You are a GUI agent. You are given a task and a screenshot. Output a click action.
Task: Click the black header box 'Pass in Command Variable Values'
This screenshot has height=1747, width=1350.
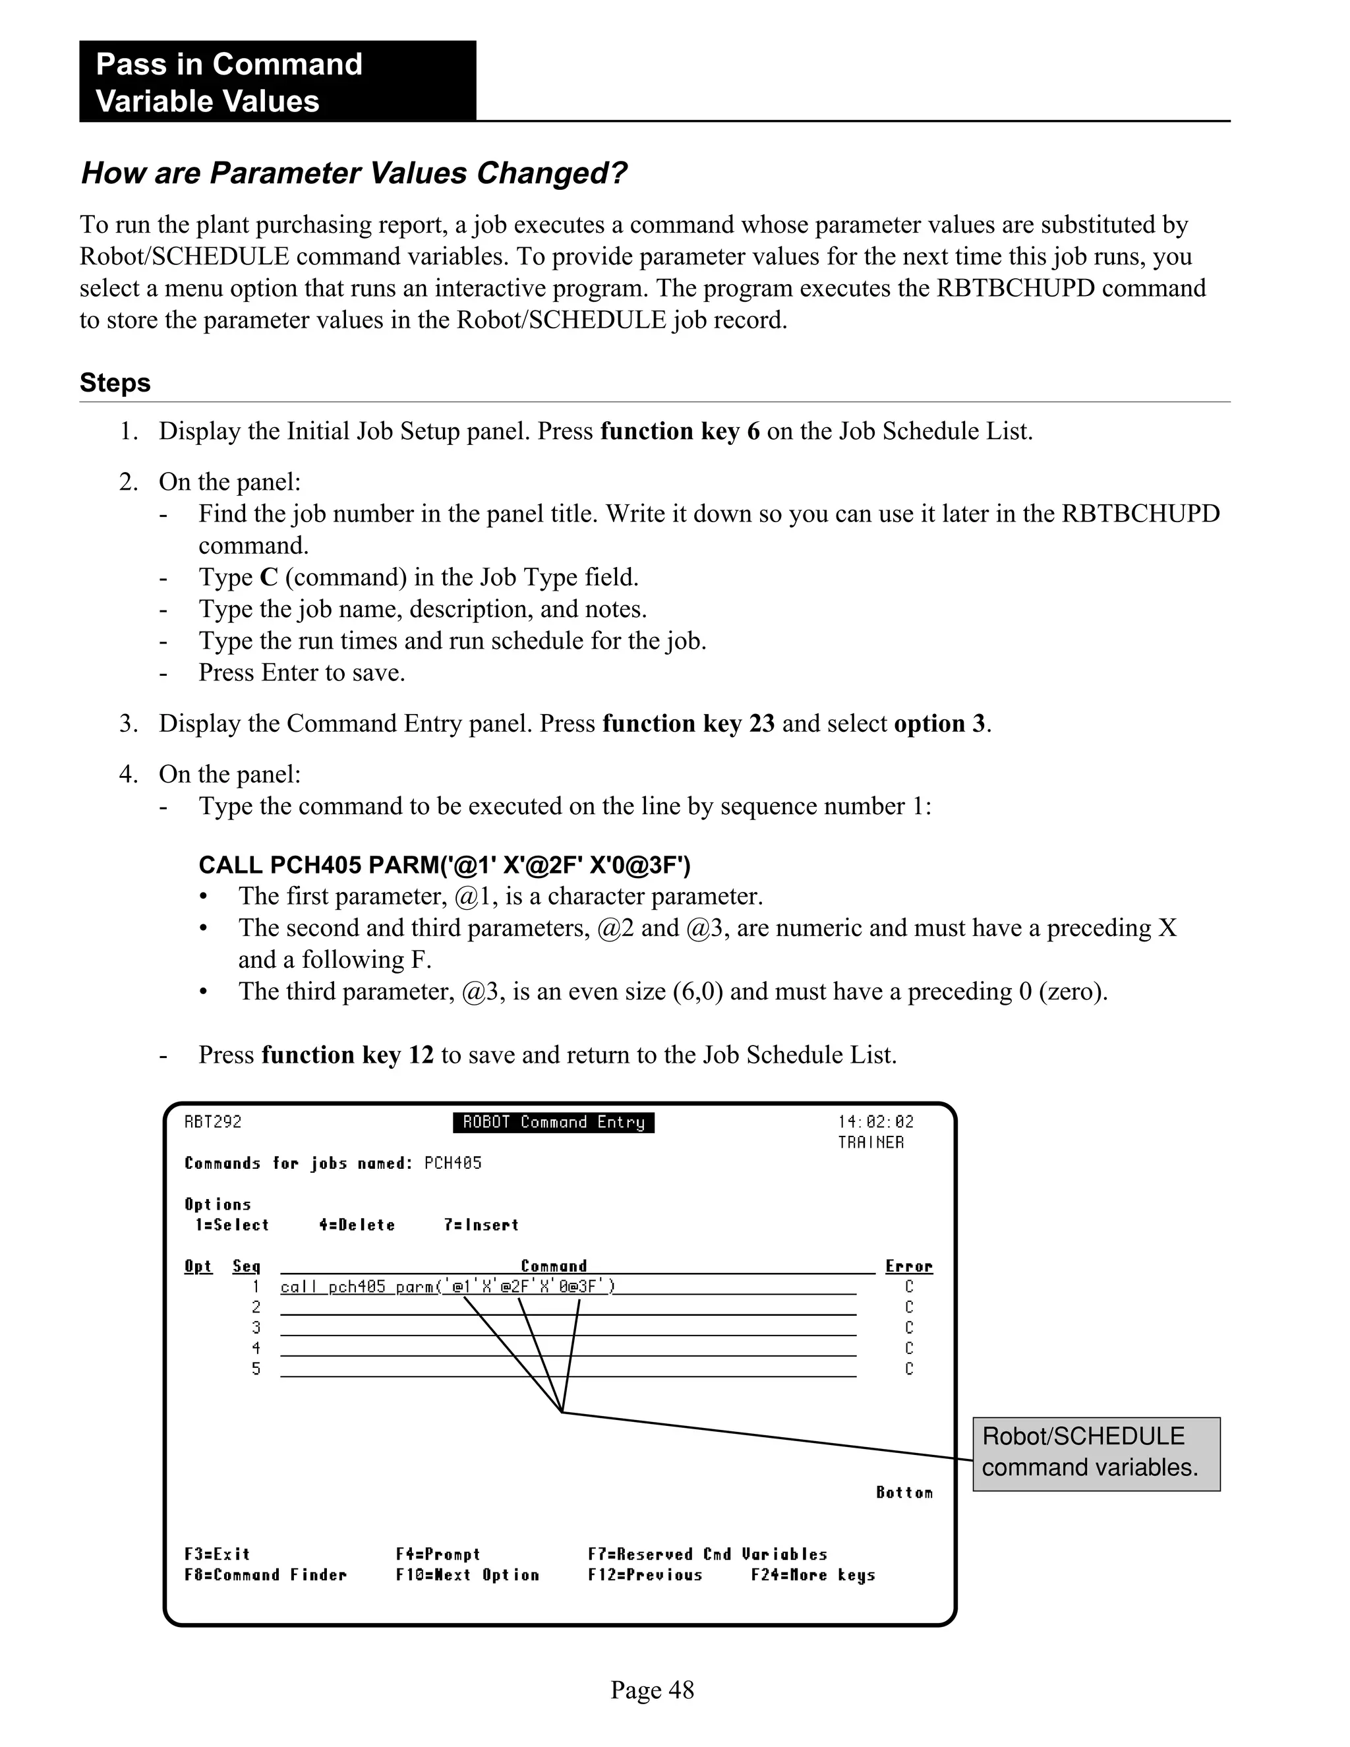(x=277, y=82)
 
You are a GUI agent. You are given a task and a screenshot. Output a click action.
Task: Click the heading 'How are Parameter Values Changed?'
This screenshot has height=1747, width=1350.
(x=354, y=173)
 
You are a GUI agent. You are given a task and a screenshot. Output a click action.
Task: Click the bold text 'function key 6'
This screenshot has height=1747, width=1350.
(x=680, y=431)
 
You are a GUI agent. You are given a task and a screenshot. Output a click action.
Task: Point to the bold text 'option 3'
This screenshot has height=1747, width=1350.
(x=940, y=723)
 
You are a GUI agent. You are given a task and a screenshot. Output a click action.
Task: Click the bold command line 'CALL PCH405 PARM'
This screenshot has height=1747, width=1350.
(x=445, y=865)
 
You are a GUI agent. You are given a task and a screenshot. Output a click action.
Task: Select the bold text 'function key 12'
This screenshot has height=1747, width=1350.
(x=347, y=1054)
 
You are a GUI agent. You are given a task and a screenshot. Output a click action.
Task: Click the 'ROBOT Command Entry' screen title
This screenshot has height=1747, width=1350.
(x=554, y=1122)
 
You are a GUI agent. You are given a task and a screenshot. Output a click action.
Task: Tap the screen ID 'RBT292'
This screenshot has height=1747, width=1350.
(x=213, y=1121)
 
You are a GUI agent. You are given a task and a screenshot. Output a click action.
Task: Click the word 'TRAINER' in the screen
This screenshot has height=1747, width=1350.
(x=870, y=1142)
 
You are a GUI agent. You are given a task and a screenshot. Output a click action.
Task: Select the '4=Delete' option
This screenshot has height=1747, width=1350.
(x=357, y=1225)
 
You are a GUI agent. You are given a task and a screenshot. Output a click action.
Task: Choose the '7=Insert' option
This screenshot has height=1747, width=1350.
(x=481, y=1225)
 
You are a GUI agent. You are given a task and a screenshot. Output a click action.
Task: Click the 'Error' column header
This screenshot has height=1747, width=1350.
(x=908, y=1266)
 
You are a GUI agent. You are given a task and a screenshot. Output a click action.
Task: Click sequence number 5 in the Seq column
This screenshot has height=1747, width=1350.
(x=256, y=1369)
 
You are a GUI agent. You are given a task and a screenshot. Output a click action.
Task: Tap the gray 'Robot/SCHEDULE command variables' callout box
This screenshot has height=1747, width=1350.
(x=1096, y=1454)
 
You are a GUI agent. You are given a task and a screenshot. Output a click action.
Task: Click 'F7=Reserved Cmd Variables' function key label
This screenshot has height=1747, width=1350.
(x=707, y=1553)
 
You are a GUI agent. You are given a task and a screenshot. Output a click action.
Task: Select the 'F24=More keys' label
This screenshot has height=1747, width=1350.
(x=813, y=1574)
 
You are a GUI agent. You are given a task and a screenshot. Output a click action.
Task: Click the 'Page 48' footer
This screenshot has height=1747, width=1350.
(x=652, y=1690)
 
